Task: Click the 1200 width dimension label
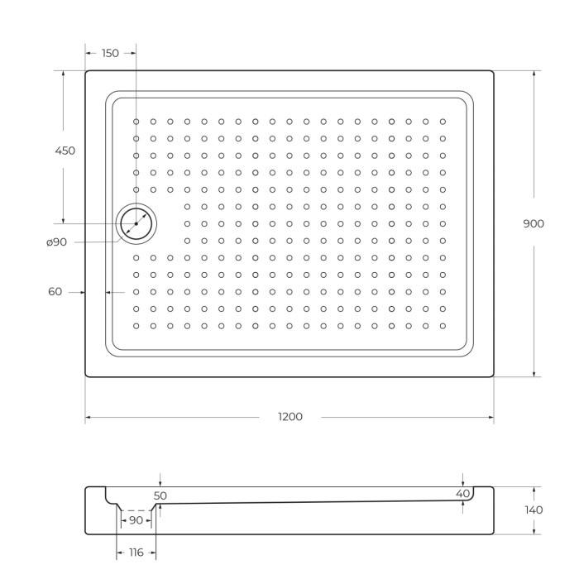[289, 417]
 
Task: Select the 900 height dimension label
[534, 223]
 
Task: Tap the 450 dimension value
[65, 151]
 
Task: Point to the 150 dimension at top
[110, 53]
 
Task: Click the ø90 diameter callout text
[57, 242]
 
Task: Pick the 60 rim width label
[55, 291]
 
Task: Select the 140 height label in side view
[534, 510]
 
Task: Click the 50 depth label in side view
[160, 495]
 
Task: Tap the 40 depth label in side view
[462, 493]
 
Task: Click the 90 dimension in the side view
[136, 520]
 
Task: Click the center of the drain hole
[136, 223]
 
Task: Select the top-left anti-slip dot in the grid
[136, 122]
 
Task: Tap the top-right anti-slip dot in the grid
[443, 122]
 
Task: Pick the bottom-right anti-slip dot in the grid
[443, 325]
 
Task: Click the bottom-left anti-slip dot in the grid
[136, 325]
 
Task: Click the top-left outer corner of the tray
[86, 71]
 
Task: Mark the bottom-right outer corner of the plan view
[493, 376]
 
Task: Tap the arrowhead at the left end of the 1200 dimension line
[88, 417]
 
